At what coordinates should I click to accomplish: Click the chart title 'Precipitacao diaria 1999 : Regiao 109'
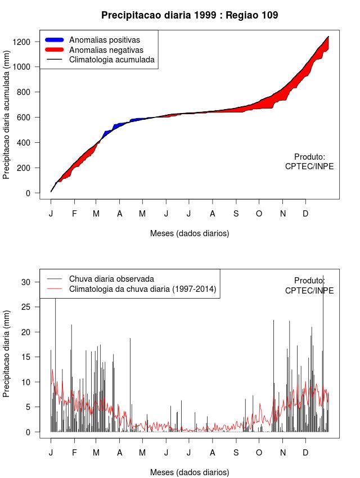coord(190,15)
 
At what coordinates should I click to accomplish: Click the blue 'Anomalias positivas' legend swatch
coord(55,40)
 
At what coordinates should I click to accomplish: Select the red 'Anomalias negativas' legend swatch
coord(55,49)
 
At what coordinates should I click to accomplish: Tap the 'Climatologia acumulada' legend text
coord(111,59)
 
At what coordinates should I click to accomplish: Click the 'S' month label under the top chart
coord(236,214)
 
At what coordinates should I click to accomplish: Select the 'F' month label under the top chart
coord(74,214)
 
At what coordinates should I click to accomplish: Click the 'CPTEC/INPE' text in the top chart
coord(309,166)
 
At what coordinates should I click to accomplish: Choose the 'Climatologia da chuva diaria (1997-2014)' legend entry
coord(142,289)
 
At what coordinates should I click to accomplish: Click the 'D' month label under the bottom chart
coord(305,453)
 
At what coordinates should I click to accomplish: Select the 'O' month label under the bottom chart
coord(259,453)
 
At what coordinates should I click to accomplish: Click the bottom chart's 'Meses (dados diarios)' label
coord(190,472)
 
